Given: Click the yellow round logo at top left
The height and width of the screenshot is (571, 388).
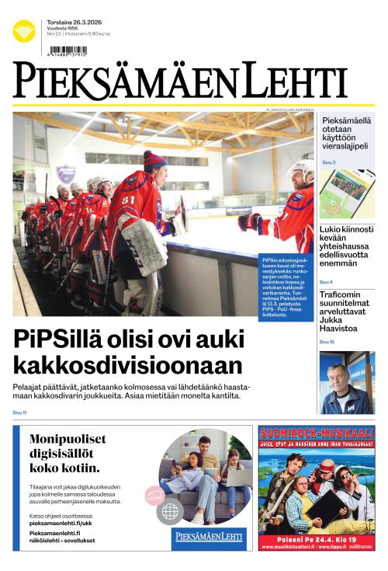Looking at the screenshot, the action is [x=23, y=31].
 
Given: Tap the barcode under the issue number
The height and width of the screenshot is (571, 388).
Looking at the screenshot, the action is [x=68, y=50].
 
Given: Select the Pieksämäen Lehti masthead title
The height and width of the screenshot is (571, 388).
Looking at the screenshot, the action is [x=179, y=81].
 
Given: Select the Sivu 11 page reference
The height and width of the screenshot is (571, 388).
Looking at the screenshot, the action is [x=19, y=413].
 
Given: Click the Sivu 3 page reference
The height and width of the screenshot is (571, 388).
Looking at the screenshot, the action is [x=328, y=162].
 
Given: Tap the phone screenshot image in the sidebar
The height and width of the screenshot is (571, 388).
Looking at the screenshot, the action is [x=346, y=193].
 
